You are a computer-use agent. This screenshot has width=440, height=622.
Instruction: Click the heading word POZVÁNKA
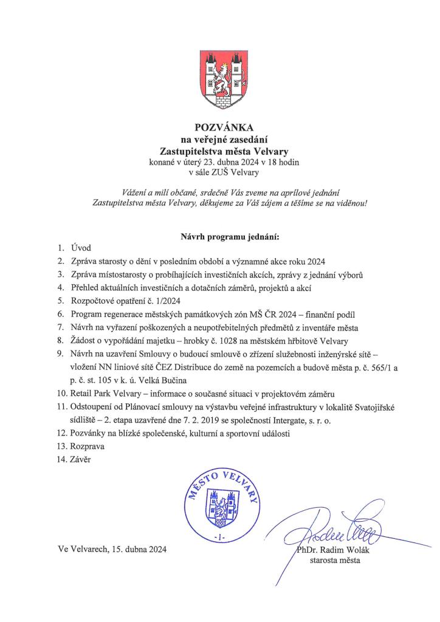(219, 128)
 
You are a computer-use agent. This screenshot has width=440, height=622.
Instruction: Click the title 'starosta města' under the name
(335, 561)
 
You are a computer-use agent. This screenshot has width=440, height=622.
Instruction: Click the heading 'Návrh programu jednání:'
(219, 234)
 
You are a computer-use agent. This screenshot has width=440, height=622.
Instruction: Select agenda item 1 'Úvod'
(81, 248)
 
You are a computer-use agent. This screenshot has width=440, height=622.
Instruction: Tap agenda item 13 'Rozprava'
(89, 445)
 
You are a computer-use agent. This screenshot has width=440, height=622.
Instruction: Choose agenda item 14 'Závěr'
(84, 459)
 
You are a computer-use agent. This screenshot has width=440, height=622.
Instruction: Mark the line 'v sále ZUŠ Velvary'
(219, 171)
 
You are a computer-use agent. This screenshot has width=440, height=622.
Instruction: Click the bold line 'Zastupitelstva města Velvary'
(219, 150)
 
